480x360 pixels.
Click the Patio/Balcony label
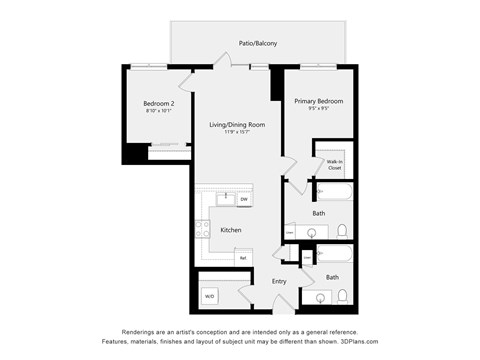[258, 44]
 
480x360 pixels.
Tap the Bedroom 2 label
[158, 103]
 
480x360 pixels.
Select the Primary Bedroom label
[318, 101]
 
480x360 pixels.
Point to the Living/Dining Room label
[237, 125]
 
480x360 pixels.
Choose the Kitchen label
[231, 230]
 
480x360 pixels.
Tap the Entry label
[279, 281]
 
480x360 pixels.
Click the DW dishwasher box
[244, 200]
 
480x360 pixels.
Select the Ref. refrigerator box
[242, 258]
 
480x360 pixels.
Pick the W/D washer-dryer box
[210, 296]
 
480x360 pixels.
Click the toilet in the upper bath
[342, 231]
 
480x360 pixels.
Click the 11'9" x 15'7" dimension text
[237, 134]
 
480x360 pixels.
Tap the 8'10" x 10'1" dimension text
[158, 111]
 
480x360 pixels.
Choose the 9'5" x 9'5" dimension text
[318, 110]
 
